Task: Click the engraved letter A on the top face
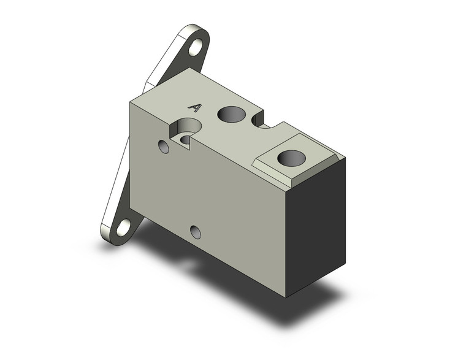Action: pos(194,107)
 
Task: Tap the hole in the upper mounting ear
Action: pos(196,47)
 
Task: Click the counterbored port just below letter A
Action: pos(186,132)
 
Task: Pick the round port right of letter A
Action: pos(231,113)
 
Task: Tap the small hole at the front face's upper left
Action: pos(163,147)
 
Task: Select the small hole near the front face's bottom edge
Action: pos(196,232)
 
